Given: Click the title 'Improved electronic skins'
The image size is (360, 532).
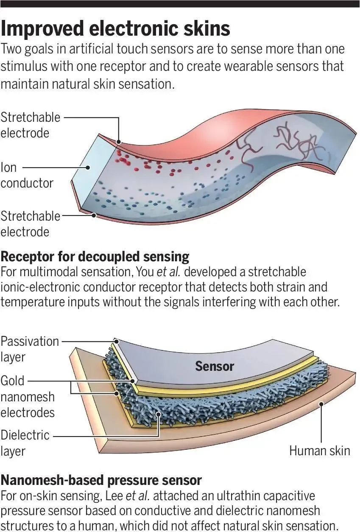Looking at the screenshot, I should tap(115, 29).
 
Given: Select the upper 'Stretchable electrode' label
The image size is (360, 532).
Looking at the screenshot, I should tap(30, 125).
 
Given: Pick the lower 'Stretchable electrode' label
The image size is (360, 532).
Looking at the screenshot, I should tap(30, 224).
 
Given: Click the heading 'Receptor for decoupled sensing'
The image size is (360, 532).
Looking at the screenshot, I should tap(95, 257).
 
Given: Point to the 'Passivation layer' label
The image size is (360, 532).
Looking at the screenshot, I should tap(30, 349).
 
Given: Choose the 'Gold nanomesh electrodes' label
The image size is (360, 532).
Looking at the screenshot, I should tap(28, 396).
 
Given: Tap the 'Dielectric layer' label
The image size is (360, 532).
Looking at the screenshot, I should tap(25, 443).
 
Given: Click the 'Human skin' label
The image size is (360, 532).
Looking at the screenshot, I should tap(320, 451).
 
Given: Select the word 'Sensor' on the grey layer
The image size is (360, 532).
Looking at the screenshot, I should tap(214, 366).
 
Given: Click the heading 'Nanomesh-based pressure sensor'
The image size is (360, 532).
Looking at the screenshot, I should tap(101, 480).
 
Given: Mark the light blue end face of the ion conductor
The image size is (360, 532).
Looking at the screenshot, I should tap(88, 174).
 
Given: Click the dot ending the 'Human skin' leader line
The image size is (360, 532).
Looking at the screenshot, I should tap(321, 404).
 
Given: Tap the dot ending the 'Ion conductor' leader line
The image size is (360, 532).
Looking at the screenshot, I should tap(88, 167).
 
